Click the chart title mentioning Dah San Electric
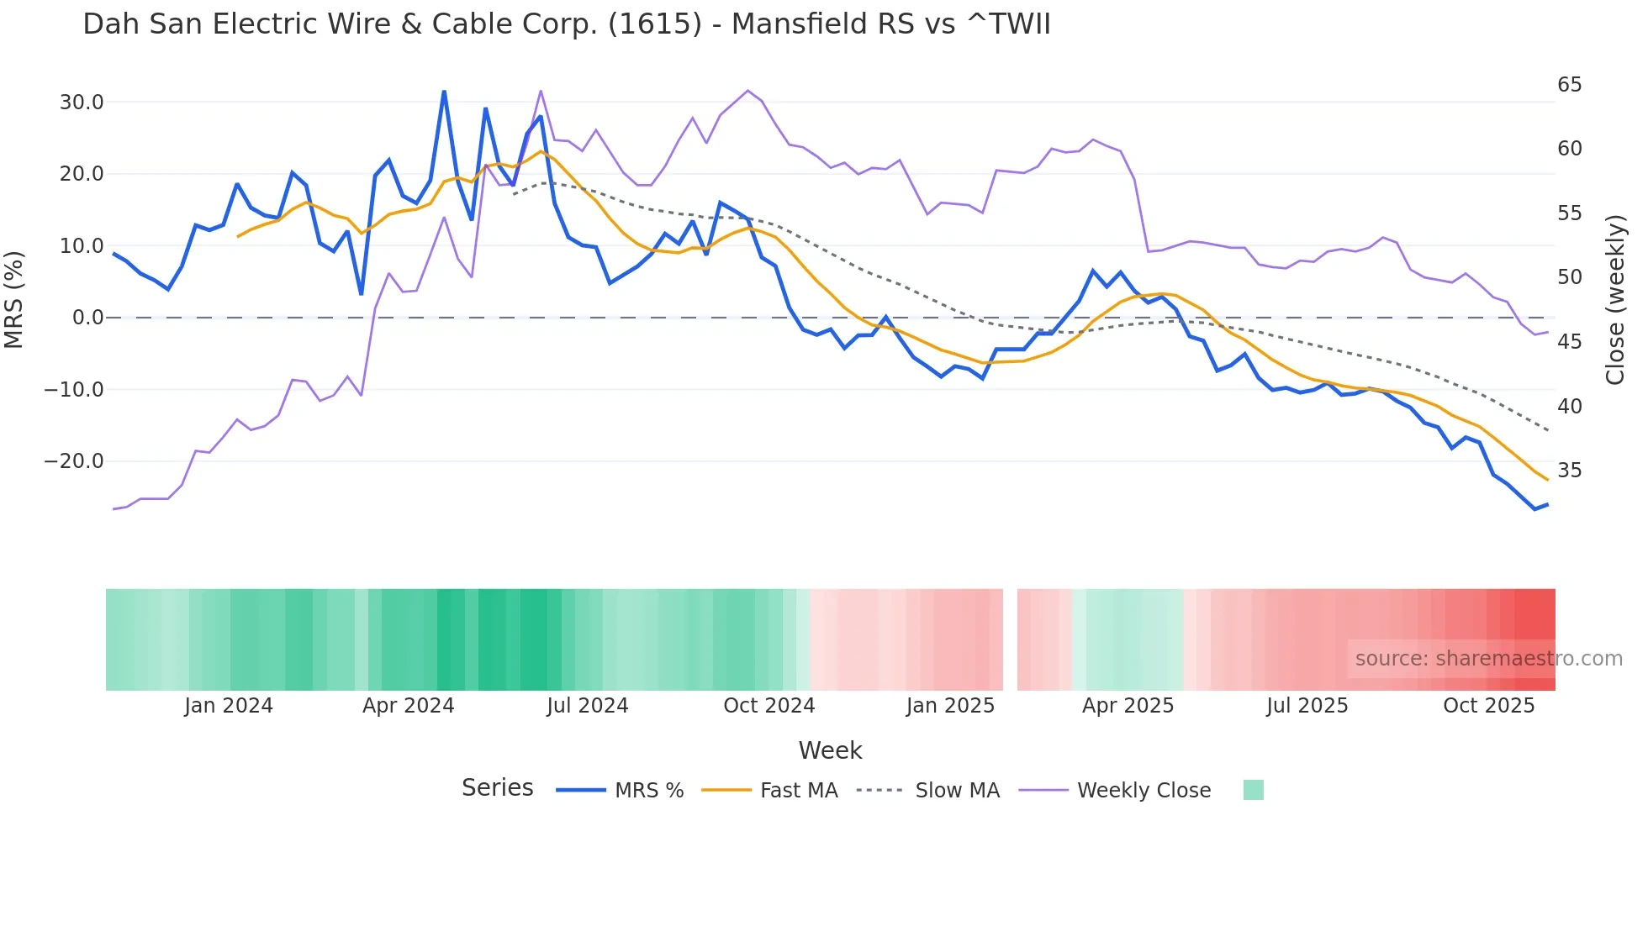click(566, 24)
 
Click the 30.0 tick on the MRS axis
click(82, 103)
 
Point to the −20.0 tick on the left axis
click(74, 461)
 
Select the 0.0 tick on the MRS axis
click(87, 318)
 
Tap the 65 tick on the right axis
click(1569, 85)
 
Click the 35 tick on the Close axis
click(1569, 471)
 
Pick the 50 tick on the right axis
click(1569, 277)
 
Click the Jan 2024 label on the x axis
click(229, 706)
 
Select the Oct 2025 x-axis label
click(1488, 706)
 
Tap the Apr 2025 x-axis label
click(1128, 706)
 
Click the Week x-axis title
click(830, 750)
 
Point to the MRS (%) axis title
click(14, 299)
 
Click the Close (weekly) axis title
click(1614, 300)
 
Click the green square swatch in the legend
click(1253, 790)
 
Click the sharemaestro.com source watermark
click(1487, 659)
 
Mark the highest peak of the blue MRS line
click(444, 91)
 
